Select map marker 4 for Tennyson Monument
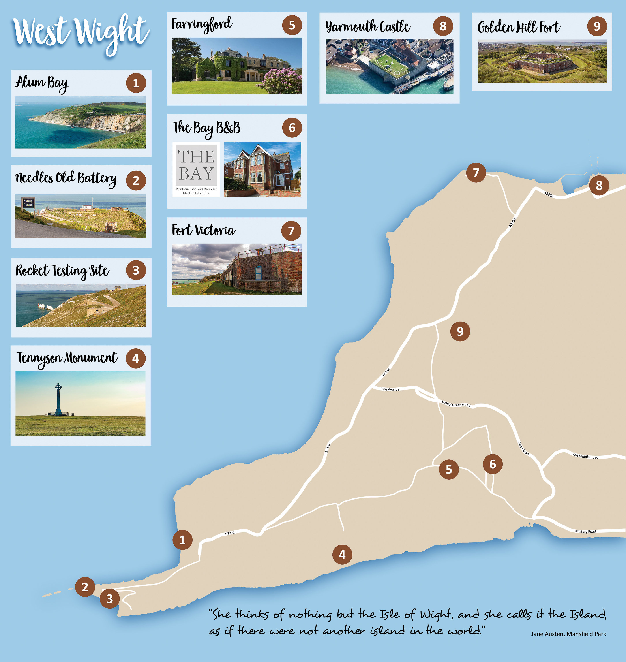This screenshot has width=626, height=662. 342,555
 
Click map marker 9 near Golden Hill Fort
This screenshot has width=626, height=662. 460,331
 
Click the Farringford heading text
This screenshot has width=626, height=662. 202,24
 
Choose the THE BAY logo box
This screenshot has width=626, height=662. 196,169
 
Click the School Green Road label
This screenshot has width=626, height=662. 456,404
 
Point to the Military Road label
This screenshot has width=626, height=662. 585,531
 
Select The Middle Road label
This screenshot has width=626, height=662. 585,456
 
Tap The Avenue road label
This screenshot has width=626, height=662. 390,389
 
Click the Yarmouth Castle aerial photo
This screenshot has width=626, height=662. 389,66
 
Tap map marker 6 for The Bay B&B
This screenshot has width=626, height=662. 493,464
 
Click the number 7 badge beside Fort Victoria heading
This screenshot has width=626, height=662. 291,231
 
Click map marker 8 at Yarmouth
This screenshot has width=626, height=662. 599,185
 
